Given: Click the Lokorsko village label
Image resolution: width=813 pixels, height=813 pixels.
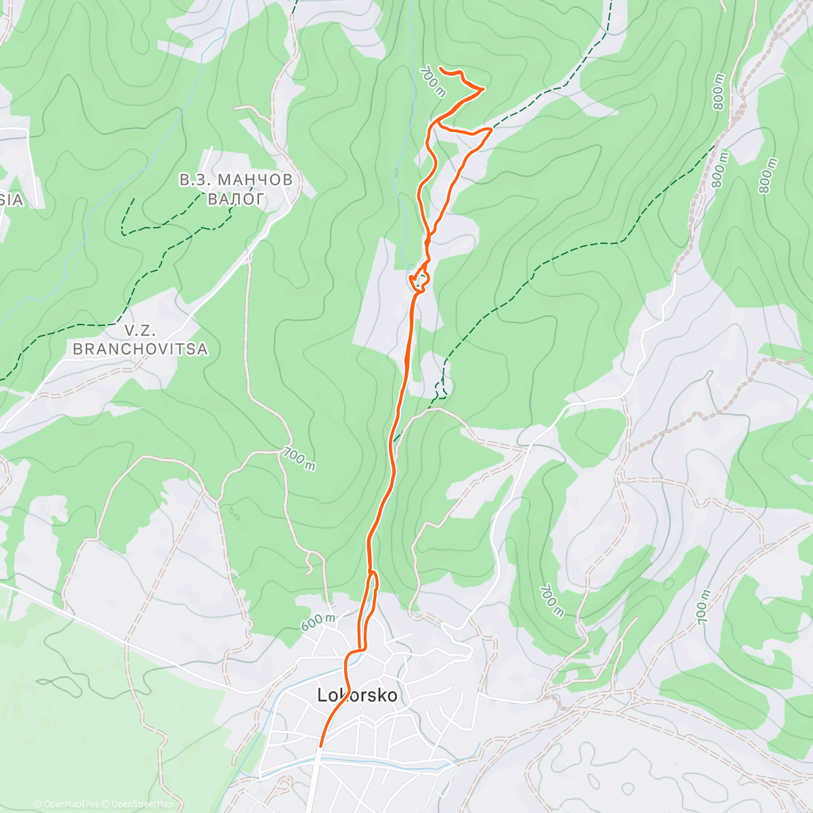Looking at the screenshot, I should click(357, 696).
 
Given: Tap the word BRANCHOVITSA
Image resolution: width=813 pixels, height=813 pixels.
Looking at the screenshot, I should click(140, 350).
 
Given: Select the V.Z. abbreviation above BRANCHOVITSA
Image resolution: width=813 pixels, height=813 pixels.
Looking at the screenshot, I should click(140, 331).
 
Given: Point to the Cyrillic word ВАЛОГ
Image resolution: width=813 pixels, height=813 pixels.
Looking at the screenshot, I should click(235, 199).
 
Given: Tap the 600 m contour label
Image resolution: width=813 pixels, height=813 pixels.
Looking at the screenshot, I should click(318, 623).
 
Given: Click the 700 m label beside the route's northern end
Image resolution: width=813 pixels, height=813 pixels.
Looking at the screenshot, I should click(432, 82).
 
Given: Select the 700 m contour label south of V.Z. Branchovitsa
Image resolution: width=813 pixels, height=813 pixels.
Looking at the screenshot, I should click(299, 459).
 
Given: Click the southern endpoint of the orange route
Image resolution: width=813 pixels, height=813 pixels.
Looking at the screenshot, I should click(320, 746).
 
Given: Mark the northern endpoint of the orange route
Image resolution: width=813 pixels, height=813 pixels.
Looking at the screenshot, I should click(441, 68).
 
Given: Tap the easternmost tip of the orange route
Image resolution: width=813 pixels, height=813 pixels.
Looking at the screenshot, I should click(491, 128).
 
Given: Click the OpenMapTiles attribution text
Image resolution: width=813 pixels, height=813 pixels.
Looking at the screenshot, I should click(66, 804).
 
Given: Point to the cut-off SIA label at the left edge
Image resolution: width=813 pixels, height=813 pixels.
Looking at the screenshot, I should click(12, 200).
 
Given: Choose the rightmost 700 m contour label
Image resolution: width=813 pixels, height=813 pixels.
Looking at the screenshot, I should click(703, 607).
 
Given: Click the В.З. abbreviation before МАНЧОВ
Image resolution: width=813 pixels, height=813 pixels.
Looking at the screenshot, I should click(195, 180).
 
